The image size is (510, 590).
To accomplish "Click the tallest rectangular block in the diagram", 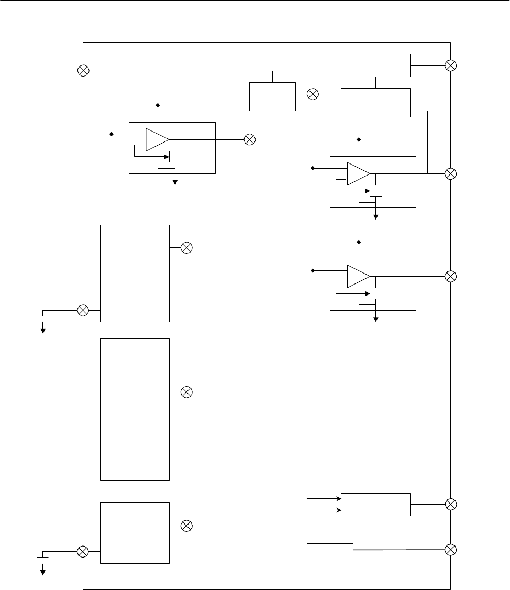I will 135,409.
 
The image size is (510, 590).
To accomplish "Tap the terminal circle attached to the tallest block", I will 186,391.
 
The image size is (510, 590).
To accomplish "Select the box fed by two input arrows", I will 375,504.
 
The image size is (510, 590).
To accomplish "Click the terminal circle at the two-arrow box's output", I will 450,504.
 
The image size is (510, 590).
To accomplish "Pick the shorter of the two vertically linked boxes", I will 375,65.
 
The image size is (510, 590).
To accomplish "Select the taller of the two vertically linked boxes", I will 375,103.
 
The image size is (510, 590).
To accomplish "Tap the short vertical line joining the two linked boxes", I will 375,82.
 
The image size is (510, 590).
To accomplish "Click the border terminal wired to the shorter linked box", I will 450,65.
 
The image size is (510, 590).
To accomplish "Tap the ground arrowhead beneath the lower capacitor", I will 43,572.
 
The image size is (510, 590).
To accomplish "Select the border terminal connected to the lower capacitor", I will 83,551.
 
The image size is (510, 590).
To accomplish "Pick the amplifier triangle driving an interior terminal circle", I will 157,139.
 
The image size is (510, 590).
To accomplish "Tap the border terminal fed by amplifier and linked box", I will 450,173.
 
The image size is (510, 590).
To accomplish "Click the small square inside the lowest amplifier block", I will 376,293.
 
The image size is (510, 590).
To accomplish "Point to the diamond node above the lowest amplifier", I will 359,242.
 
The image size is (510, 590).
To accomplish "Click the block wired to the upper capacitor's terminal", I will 135,273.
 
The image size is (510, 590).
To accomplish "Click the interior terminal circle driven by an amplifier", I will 250,139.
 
